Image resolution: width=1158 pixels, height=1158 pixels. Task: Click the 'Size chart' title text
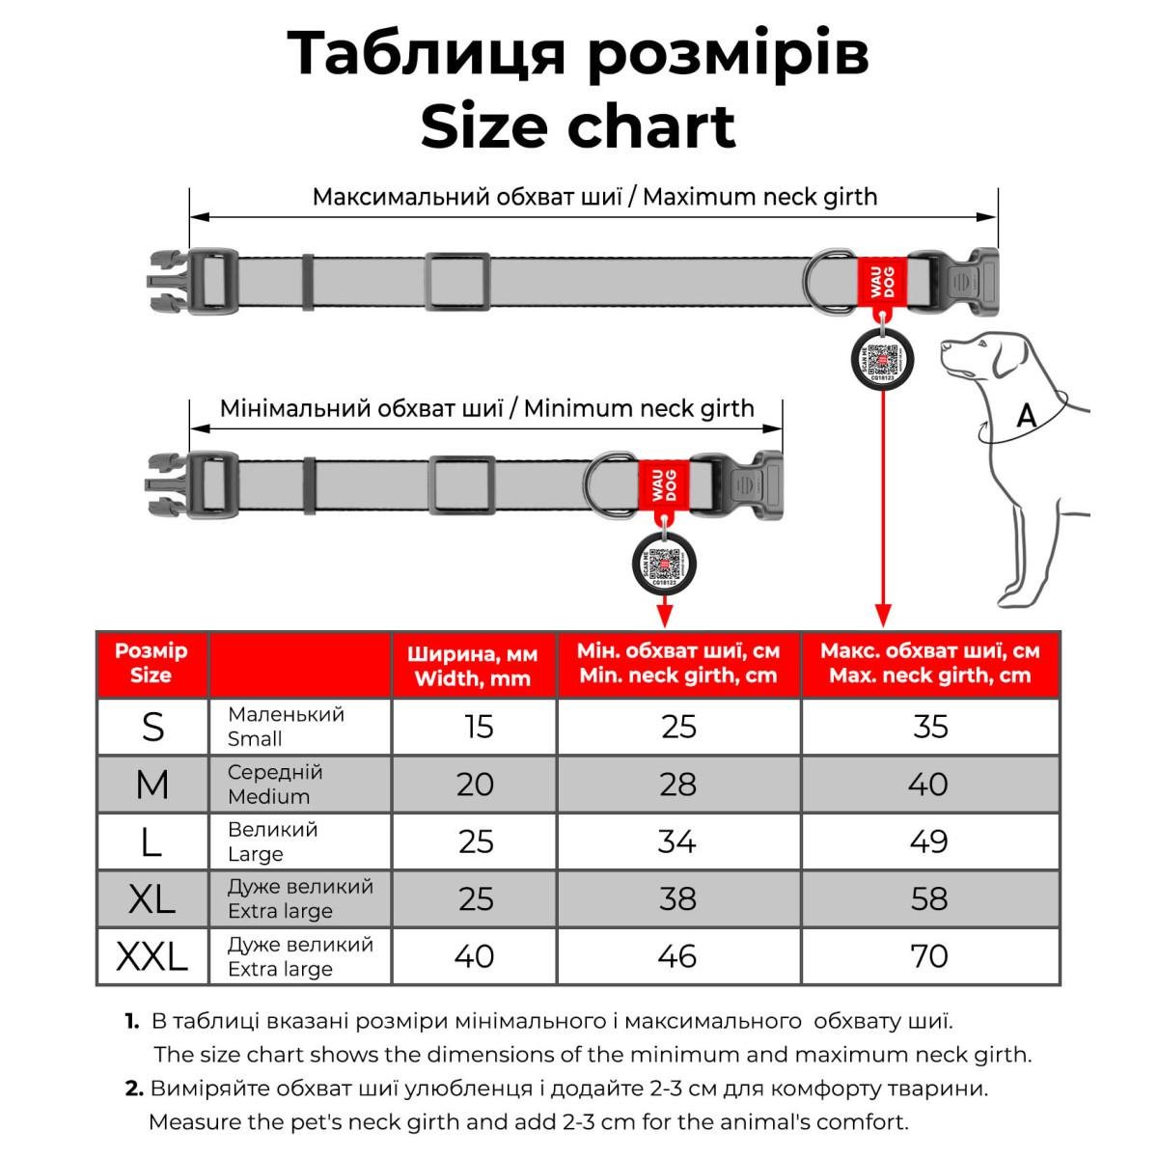pyautogui.click(x=578, y=126)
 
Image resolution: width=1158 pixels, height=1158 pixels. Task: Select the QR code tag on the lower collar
pyautogui.click(x=663, y=563)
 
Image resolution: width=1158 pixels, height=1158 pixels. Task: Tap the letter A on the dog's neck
pyautogui.click(x=1027, y=417)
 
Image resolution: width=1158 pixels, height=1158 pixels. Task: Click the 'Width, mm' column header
pyautogui.click(x=473, y=665)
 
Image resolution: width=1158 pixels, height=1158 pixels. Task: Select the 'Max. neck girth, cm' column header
pyautogui.click(x=929, y=663)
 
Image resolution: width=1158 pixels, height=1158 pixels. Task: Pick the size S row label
pyautogui.click(x=152, y=727)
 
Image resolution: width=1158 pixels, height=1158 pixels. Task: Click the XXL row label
pyautogui.click(x=152, y=956)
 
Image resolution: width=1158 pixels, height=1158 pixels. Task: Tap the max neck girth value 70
pyautogui.click(x=928, y=956)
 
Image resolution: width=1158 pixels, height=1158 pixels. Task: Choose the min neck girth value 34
pyautogui.click(x=676, y=841)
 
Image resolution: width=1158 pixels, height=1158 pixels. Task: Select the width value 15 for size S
pyautogui.click(x=478, y=727)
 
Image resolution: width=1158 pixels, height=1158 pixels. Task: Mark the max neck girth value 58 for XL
pyautogui.click(x=928, y=898)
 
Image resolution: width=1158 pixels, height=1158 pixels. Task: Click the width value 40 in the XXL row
pyautogui.click(x=474, y=956)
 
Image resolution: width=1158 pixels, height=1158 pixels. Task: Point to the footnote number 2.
pyautogui.click(x=134, y=1089)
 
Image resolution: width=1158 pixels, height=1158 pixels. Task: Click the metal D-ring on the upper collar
pyautogui.click(x=824, y=281)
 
